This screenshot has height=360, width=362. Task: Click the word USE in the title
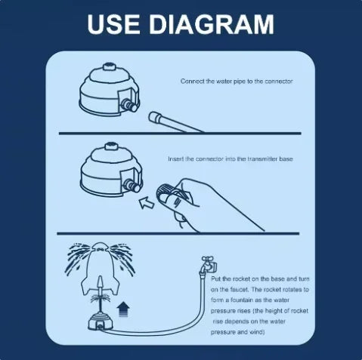[x=113, y=24]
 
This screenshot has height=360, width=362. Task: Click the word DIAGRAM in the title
[x=212, y=24]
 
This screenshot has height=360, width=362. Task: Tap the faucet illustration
[x=209, y=265]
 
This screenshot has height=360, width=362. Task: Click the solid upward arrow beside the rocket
[x=123, y=309]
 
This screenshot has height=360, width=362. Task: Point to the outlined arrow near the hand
[x=147, y=202]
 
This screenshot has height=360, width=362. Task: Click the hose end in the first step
[x=154, y=117]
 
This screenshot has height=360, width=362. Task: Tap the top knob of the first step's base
[x=110, y=66]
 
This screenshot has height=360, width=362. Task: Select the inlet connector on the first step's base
[x=129, y=106]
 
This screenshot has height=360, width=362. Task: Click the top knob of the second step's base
[x=110, y=146]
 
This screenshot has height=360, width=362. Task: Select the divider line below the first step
[x=180, y=133]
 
